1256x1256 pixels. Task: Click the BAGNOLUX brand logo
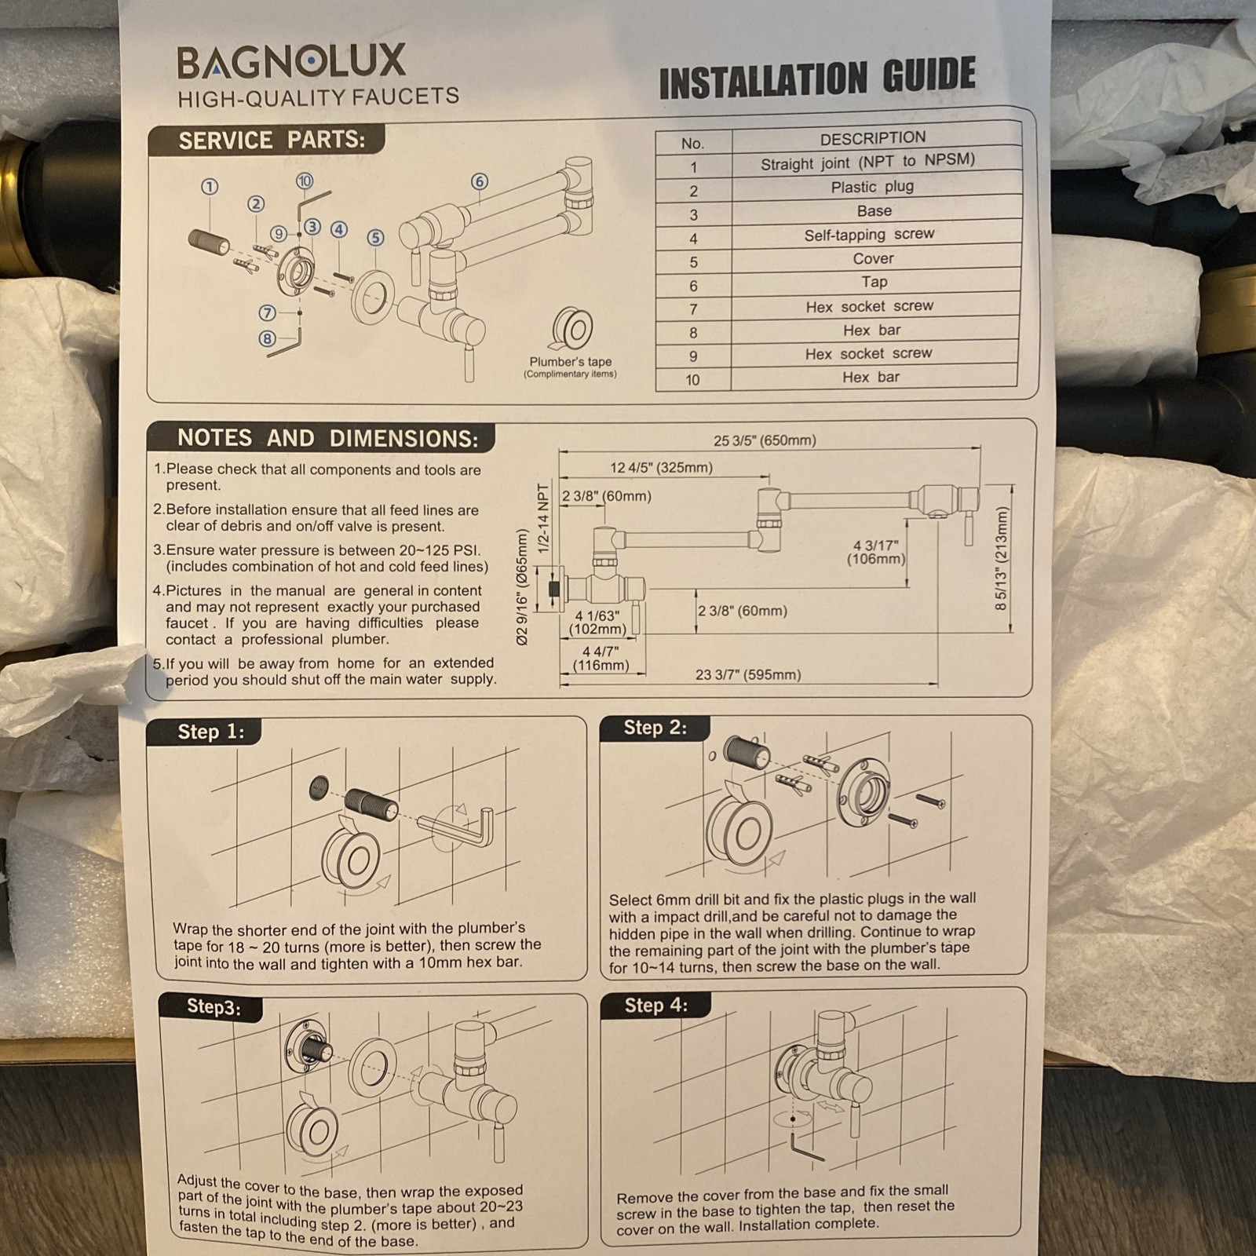pyautogui.click(x=291, y=61)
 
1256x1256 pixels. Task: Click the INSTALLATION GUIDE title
pyautogui.click(x=817, y=78)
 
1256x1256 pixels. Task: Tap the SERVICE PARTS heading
pyautogui.click(x=272, y=141)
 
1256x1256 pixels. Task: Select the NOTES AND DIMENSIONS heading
pyautogui.click(x=327, y=438)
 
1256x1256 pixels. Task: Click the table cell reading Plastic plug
pyautogui.click(x=872, y=187)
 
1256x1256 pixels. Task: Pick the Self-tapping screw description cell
pyautogui.click(x=869, y=235)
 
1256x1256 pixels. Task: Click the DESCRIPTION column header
pyautogui.click(x=873, y=138)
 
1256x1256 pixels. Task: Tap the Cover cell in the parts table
pyautogui.click(x=873, y=258)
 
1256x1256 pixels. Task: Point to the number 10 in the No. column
pyautogui.click(x=692, y=380)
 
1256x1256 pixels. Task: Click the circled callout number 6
pyautogui.click(x=480, y=182)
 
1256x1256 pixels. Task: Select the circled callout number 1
pyautogui.click(x=210, y=187)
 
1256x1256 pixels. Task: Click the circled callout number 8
pyautogui.click(x=268, y=339)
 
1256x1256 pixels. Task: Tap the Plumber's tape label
pyautogui.click(x=570, y=362)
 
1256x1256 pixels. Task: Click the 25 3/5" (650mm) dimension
pyautogui.click(x=765, y=440)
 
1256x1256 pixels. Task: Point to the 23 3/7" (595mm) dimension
pyautogui.click(x=748, y=674)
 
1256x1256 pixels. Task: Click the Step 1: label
pyautogui.click(x=210, y=732)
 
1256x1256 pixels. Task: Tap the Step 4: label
pyautogui.click(x=656, y=1006)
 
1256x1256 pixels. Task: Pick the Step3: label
pyautogui.click(x=214, y=1007)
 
